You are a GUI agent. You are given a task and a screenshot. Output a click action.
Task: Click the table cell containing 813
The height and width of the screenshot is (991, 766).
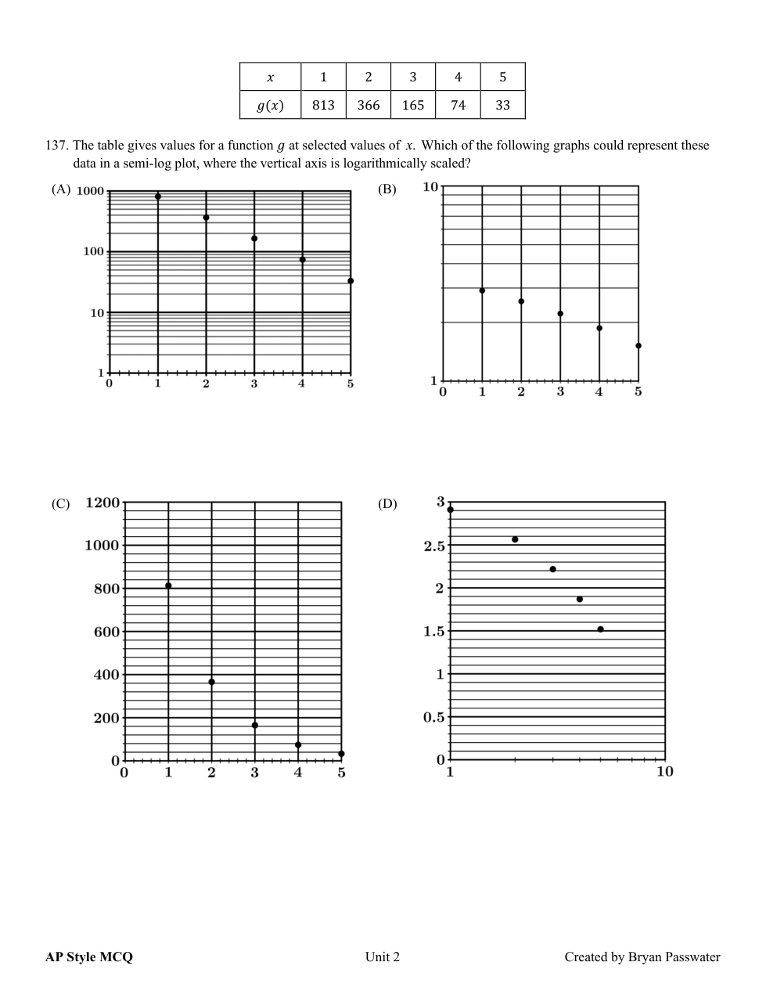[323, 105]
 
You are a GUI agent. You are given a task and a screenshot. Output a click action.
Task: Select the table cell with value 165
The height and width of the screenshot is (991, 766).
[412, 105]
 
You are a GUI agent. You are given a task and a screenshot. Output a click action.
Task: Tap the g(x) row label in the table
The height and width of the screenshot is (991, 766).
[270, 105]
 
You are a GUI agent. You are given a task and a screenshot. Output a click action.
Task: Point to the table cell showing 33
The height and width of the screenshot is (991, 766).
[502, 105]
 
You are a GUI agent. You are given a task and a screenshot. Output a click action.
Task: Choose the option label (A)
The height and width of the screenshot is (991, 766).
[61, 189]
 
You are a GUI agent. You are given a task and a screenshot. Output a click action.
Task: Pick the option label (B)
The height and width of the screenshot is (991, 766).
[387, 189]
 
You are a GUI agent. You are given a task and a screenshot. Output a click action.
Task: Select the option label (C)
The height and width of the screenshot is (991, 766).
[61, 504]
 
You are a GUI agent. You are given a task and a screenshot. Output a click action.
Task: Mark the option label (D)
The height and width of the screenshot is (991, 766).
[387, 504]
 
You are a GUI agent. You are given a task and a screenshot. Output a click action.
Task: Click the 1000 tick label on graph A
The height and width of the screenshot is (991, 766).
[90, 192]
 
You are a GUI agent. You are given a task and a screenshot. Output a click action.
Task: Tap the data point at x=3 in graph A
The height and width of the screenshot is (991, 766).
[254, 238]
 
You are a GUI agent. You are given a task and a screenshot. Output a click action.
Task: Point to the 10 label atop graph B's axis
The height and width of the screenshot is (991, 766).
[430, 186]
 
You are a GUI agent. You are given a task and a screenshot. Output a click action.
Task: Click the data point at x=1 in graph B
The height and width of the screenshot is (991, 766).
[482, 290]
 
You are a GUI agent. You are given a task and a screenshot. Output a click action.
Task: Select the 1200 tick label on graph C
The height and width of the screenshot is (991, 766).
[102, 503]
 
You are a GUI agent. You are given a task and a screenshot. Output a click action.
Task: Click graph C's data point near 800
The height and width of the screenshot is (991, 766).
[168, 586]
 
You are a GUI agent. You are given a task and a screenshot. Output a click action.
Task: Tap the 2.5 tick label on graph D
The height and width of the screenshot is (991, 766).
[433, 546]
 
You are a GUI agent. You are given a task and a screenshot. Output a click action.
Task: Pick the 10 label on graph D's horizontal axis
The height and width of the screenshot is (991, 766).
[664, 772]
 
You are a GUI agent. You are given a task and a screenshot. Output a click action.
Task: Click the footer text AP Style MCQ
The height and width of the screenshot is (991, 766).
[89, 957]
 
